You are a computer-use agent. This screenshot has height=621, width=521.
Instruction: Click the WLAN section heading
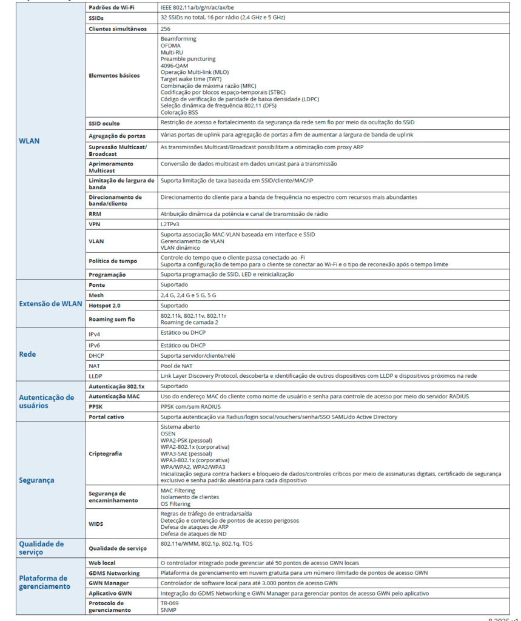(29, 141)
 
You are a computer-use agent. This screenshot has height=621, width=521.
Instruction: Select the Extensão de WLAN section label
(47, 304)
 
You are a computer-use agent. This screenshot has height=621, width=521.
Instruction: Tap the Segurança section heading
(36, 480)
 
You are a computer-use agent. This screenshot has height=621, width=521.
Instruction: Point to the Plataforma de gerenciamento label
(44, 582)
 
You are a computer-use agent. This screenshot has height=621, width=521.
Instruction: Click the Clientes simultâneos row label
(117, 29)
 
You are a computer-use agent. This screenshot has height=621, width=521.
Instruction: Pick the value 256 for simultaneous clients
(166, 29)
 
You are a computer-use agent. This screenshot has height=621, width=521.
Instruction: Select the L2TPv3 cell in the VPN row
(170, 224)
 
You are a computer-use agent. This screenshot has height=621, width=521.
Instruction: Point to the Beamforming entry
(178, 39)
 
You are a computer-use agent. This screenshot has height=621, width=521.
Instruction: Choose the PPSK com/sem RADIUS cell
(190, 406)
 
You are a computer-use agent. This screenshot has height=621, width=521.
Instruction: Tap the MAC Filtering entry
(178, 490)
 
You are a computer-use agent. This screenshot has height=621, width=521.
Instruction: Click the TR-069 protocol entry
(170, 603)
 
